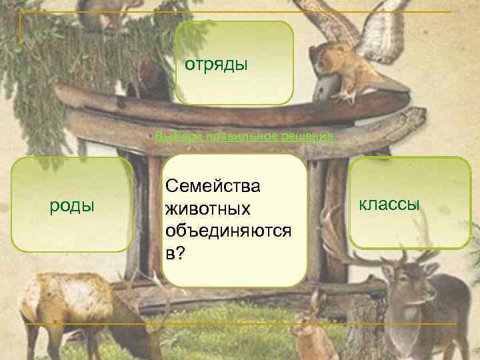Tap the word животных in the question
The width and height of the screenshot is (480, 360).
(208, 209)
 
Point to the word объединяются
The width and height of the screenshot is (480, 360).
(228, 231)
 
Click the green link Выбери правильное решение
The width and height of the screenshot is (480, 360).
(244, 136)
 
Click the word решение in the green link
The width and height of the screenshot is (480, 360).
(311, 136)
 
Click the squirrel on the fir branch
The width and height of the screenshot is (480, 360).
(110, 13)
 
